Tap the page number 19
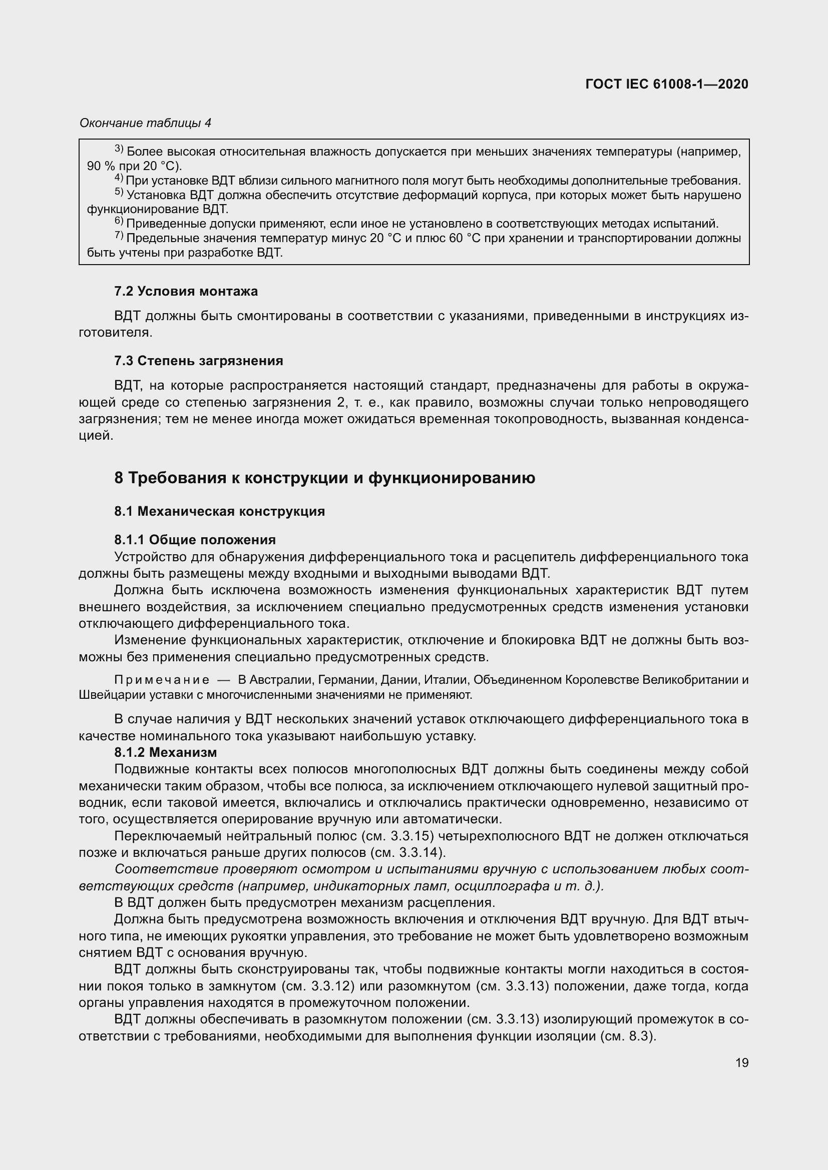(742, 1063)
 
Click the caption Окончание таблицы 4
(145, 123)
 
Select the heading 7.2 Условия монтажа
(186, 292)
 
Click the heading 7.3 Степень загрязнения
(199, 361)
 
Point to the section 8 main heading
(325, 478)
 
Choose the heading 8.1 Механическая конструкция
(220, 511)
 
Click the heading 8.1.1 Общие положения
(195, 540)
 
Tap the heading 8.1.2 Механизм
(166, 752)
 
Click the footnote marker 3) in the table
(119, 149)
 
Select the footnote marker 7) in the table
(119, 236)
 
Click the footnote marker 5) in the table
(119, 193)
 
